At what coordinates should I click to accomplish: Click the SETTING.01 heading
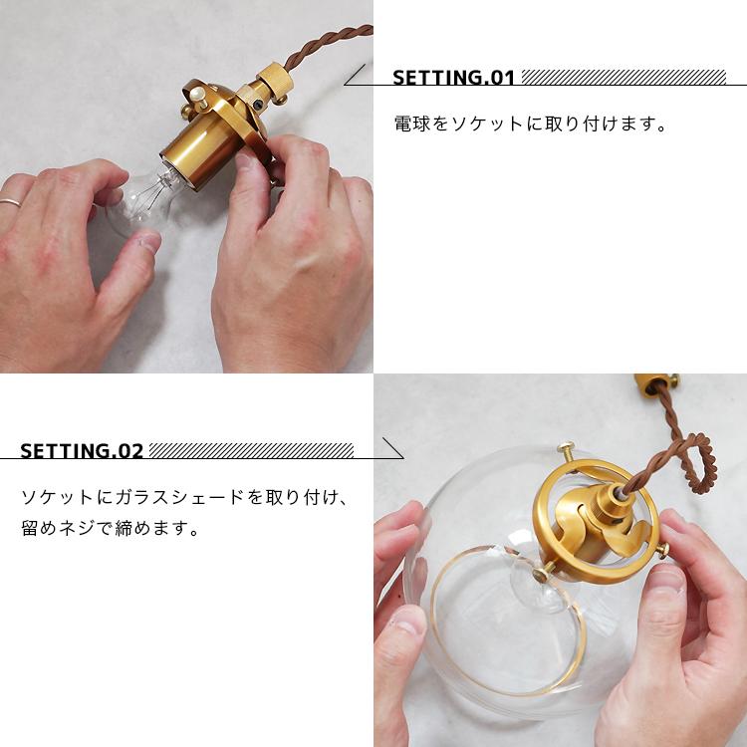click(x=453, y=78)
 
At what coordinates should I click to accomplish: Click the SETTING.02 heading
click(x=82, y=451)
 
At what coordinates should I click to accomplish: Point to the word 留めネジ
click(x=57, y=528)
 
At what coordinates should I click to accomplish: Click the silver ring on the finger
click(x=11, y=202)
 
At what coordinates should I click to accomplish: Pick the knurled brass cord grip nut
click(x=275, y=78)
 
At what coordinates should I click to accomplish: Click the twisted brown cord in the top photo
click(x=329, y=45)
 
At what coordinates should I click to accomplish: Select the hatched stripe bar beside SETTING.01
click(x=623, y=77)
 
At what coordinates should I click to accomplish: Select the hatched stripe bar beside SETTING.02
click(x=252, y=450)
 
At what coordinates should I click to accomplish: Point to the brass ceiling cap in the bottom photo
click(x=655, y=384)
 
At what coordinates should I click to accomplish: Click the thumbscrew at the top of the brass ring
click(x=568, y=450)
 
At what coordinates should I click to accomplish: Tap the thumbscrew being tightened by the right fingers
click(x=662, y=550)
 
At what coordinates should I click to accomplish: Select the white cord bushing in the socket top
click(x=620, y=491)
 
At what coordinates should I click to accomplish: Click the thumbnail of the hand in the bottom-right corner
click(x=666, y=578)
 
